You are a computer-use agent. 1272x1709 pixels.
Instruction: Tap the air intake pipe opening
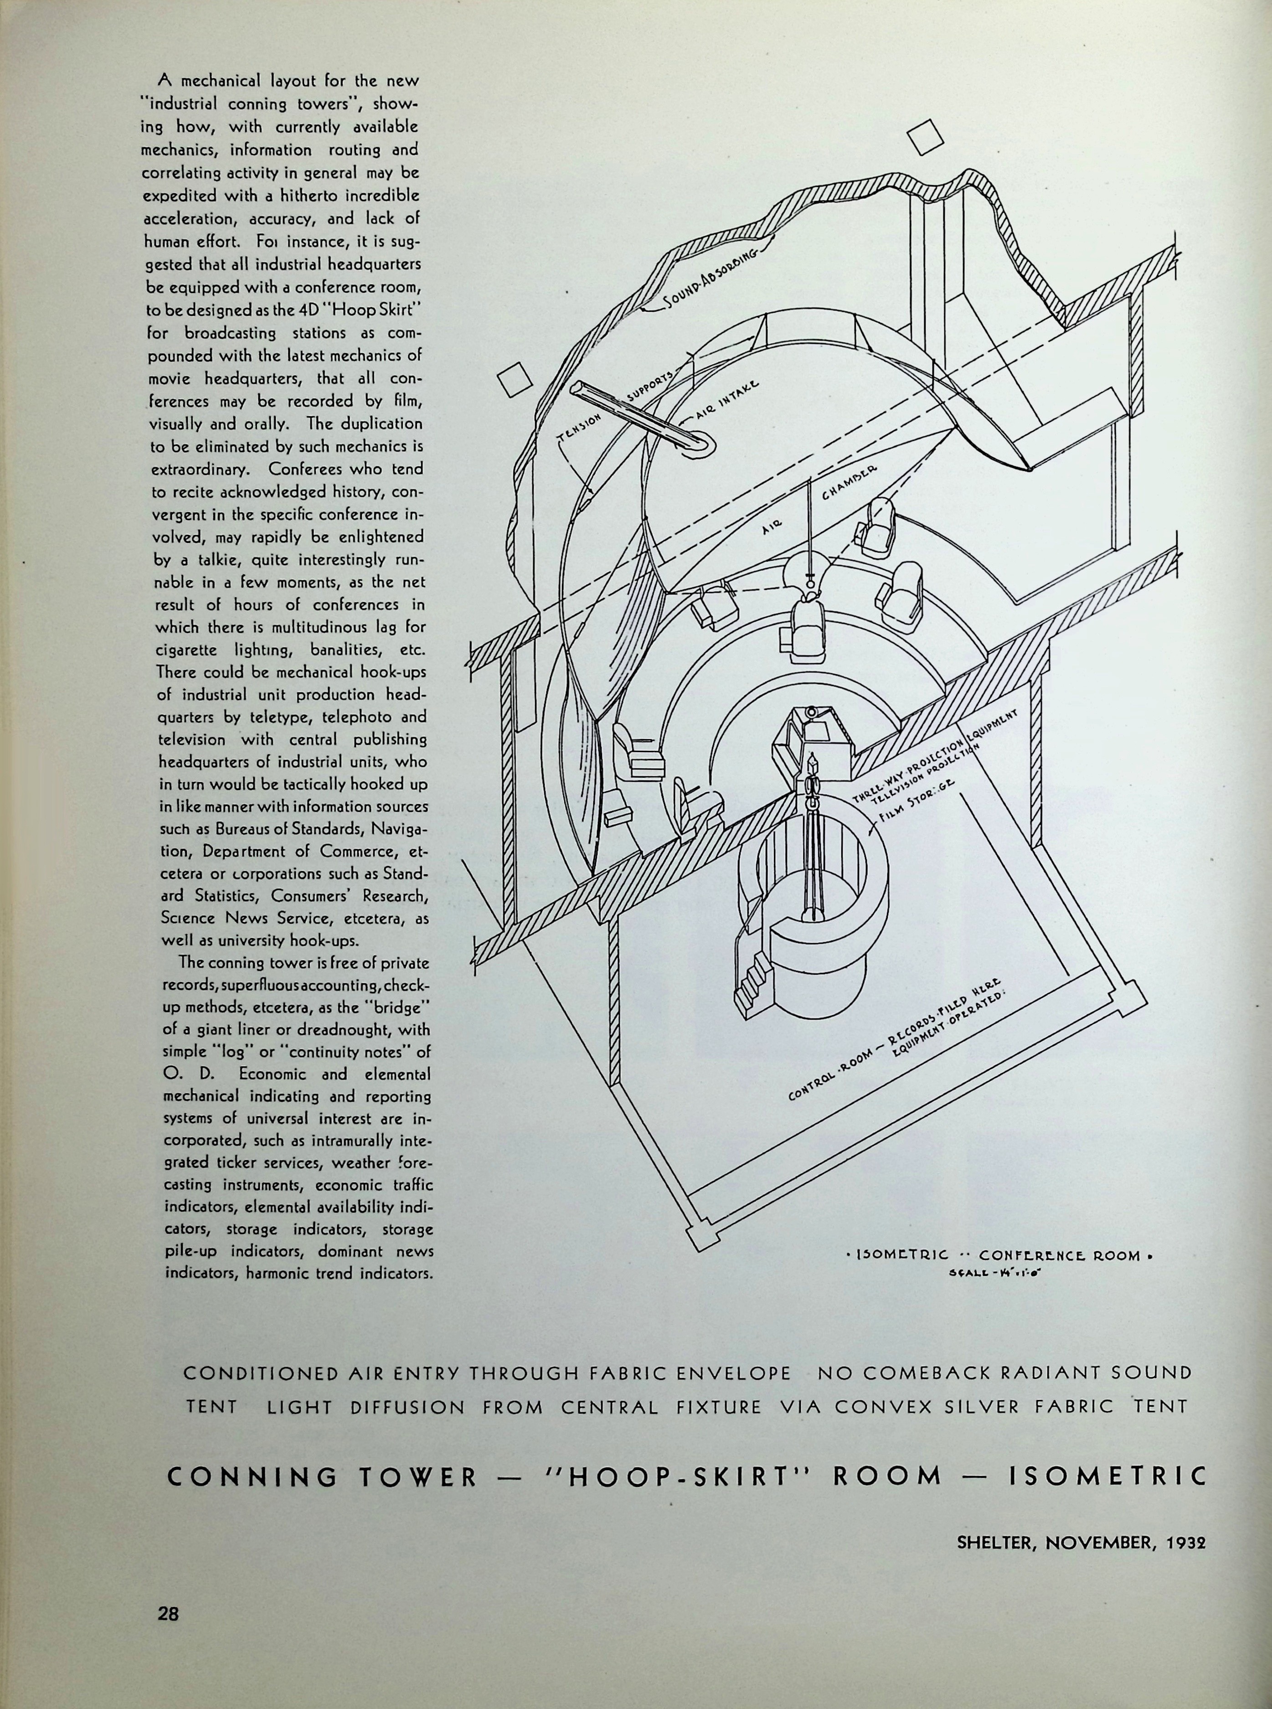point(703,445)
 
